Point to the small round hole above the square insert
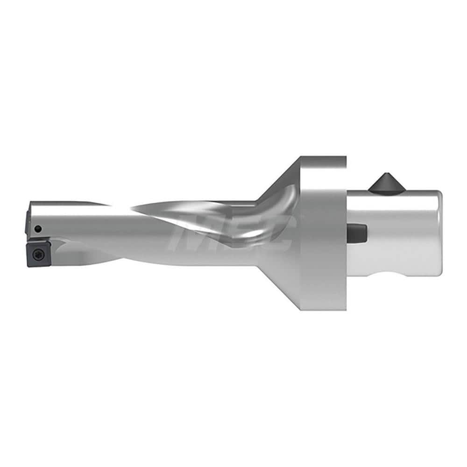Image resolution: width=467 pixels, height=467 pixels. [x=38, y=228]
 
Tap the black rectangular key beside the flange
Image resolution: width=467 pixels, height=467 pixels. [x=358, y=232]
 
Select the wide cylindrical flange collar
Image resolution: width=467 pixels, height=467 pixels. [x=323, y=233]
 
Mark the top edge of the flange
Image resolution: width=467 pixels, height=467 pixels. [x=323, y=157]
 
